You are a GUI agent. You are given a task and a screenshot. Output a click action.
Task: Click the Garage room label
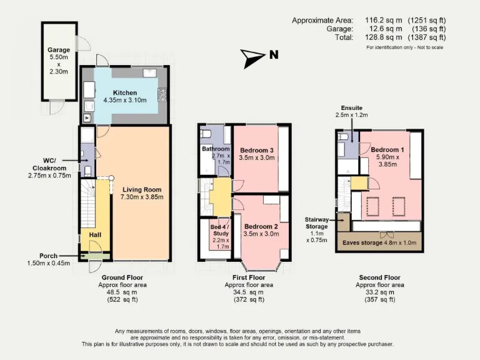tap(59, 50)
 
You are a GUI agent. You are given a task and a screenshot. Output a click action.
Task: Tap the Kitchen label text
tap(125, 92)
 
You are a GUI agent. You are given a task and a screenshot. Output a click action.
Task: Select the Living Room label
tap(142, 189)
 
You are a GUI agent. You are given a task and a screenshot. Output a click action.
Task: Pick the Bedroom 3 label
tap(257, 151)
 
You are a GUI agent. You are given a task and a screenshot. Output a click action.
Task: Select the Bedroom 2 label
tap(261, 226)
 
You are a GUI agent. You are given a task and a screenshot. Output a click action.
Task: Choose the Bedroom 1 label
tap(387, 150)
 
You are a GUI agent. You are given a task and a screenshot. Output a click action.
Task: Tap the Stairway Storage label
tap(317, 223)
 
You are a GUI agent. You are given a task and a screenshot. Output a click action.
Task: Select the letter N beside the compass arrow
tap(274, 55)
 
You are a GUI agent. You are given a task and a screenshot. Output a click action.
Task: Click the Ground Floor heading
tap(122, 277)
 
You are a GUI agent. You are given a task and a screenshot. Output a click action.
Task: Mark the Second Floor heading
tap(379, 277)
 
